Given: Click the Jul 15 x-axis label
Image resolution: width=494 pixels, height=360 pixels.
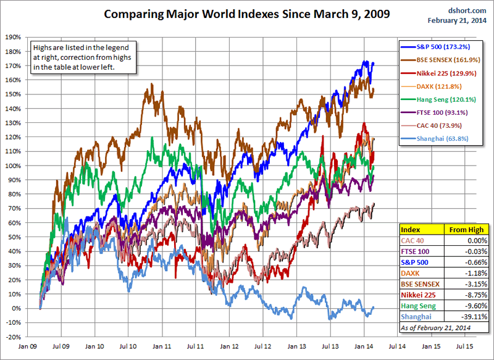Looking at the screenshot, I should click(x=465, y=346).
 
